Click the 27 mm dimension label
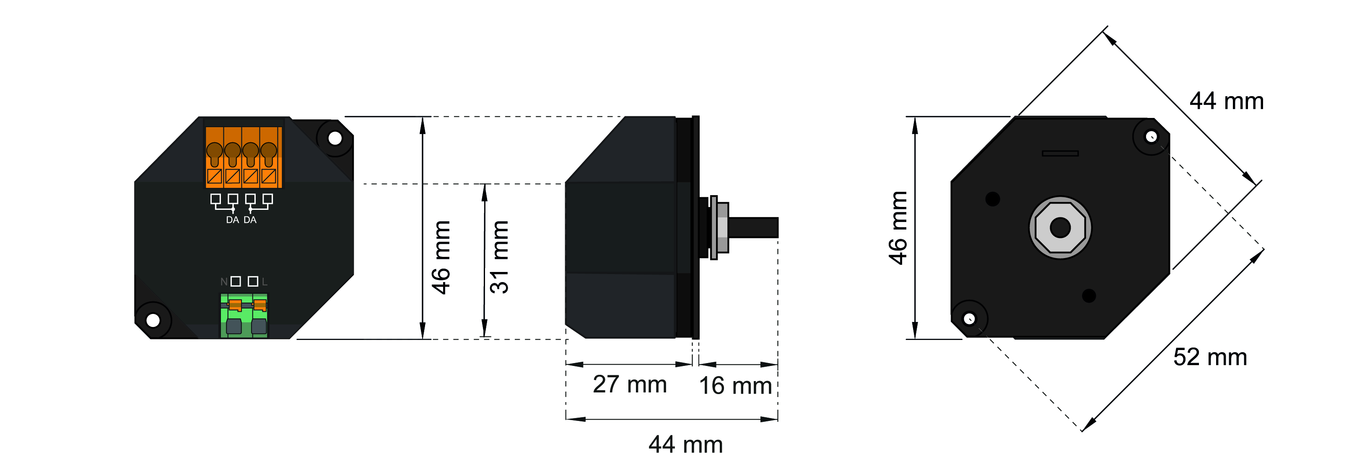pos(629,384)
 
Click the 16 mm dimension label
pos(735,386)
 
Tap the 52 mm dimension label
pos(1210,357)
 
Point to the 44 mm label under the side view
pos(685,444)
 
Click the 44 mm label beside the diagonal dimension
pos(1226,101)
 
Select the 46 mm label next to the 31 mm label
pos(441,257)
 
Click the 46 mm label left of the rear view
pos(898,227)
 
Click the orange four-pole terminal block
pos(243,157)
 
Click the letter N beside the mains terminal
pos(224,282)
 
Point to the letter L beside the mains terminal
pos(265,282)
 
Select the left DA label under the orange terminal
pos(232,220)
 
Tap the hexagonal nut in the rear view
pos(1060,228)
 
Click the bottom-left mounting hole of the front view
pos(153,320)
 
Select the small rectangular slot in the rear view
pos(1060,154)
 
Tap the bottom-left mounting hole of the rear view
pos(969,319)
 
